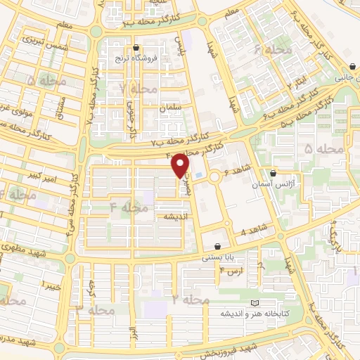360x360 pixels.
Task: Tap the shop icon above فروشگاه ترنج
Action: [135, 48]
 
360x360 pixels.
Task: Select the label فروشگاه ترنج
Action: [135, 58]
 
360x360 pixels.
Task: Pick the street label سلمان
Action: [170, 108]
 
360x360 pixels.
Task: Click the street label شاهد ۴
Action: [254, 229]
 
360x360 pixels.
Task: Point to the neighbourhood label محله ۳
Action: [95, 309]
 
